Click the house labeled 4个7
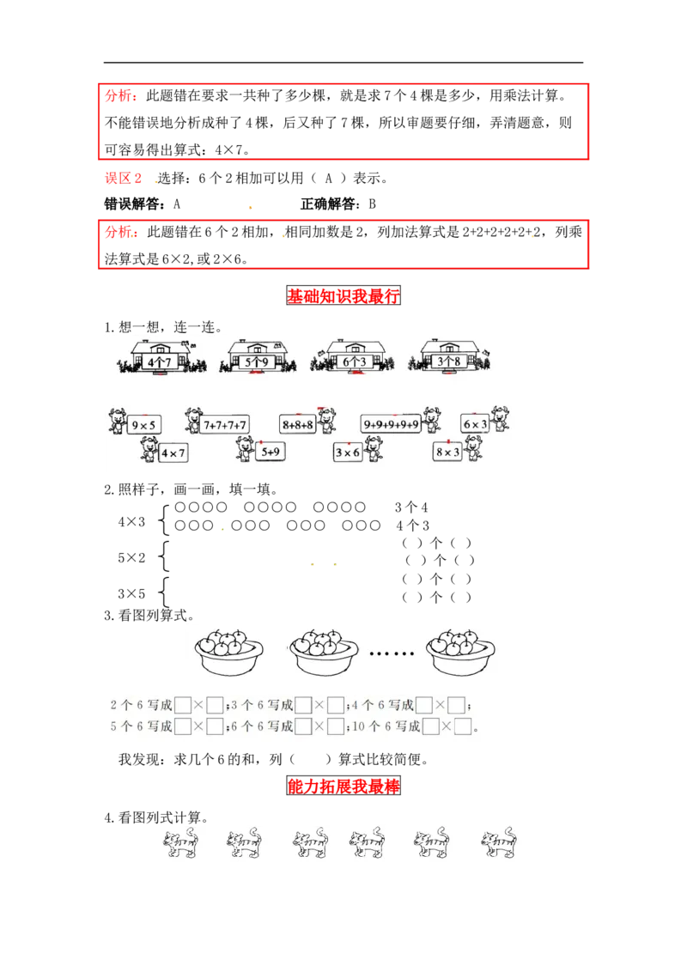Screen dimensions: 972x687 [x=160, y=356]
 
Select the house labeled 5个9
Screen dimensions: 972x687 [x=256, y=356]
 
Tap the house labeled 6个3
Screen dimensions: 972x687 [x=356, y=356]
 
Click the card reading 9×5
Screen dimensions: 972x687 [x=144, y=424]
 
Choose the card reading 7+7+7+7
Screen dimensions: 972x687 [x=226, y=424]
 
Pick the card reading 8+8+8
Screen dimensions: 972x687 [x=298, y=424]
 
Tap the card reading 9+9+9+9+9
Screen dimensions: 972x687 [x=391, y=424]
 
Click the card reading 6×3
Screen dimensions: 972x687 [x=476, y=424]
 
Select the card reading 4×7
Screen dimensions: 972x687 [x=172, y=453]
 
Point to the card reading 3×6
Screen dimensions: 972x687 [x=348, y=453]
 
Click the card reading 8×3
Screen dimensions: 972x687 [x=447, y=452]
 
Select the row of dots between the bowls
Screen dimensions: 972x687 [x=391, y=653]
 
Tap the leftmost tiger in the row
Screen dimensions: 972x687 [x=180, y=844]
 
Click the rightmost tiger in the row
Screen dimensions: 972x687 [x=498, y=844]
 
